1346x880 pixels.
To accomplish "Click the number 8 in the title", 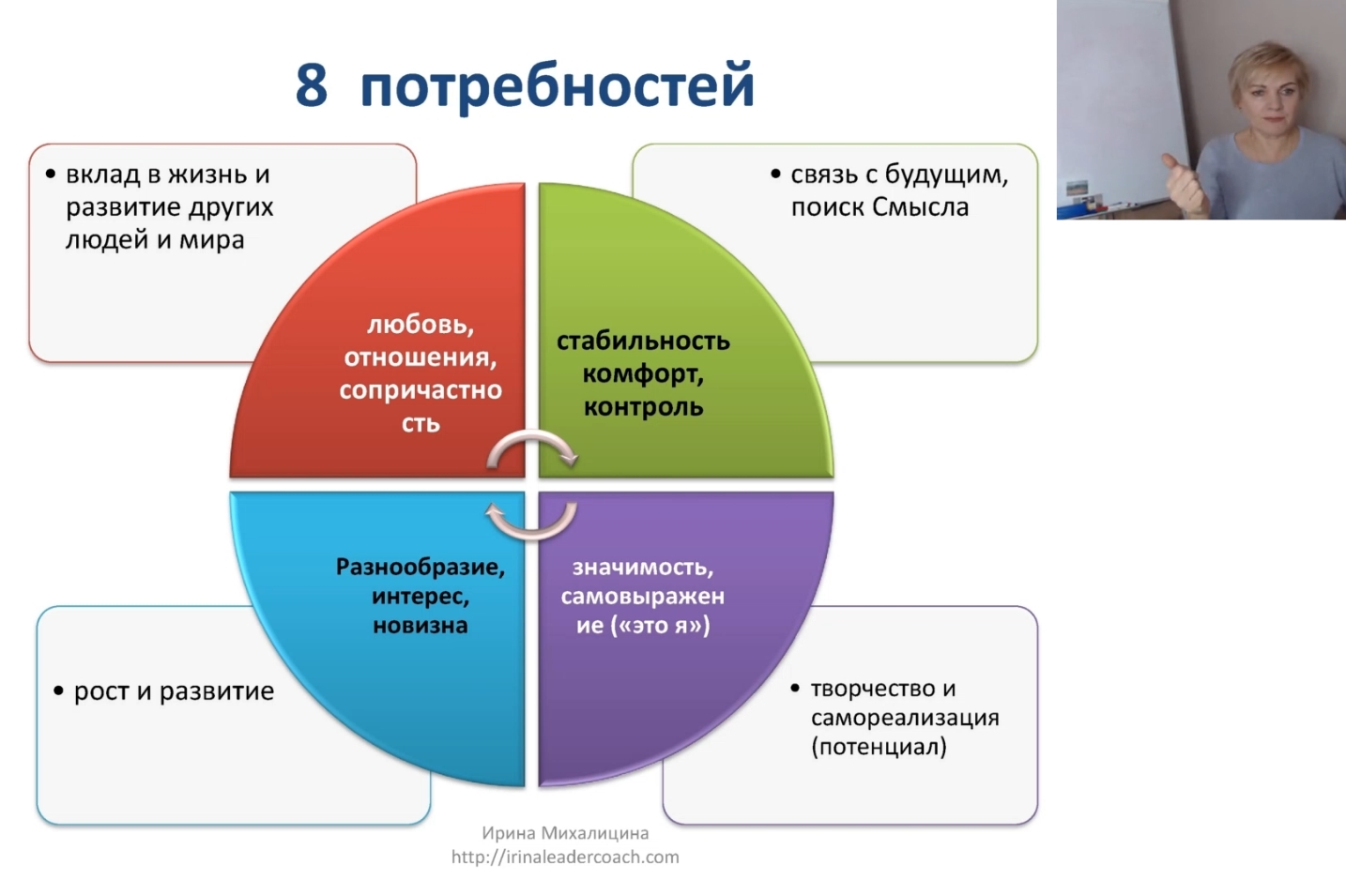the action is point(312,84).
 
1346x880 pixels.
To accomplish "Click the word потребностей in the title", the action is point(557,86).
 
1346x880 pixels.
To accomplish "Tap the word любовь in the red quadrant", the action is point(420,325).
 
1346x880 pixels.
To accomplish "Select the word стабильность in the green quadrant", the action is point(643,341).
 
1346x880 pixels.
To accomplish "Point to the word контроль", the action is point(643,407).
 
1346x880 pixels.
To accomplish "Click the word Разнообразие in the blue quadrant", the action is point(420,567).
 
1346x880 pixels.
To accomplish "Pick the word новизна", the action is point(420,626).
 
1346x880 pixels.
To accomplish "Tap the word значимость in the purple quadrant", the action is point(642,567).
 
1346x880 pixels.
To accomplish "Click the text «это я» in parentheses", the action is point(660,626).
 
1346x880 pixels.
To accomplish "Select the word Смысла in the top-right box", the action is point(920,207).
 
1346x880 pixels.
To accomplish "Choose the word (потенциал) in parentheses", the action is point(879,747).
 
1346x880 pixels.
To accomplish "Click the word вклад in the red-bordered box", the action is point(102,174).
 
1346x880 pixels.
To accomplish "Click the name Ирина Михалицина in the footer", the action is point(565,833).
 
